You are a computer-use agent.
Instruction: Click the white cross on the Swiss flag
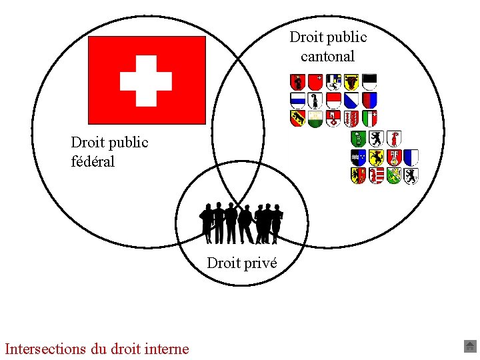[x=146, y=81]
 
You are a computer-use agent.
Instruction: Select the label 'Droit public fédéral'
[x=109, y=151]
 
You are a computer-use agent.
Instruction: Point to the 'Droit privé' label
[x=242, y=263]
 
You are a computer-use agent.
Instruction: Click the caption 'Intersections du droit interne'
[x=97, y=348]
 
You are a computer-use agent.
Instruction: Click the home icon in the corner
[x=469, y=346]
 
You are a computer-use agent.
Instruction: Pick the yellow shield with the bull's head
[x=351, y=82]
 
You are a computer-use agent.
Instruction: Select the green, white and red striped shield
[x=369, y=119]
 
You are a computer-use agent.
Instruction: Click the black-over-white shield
[x=369, y=82]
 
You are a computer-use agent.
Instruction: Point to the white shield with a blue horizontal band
[x=297, y=101]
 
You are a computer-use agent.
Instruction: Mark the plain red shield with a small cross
[x=315, y=82]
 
